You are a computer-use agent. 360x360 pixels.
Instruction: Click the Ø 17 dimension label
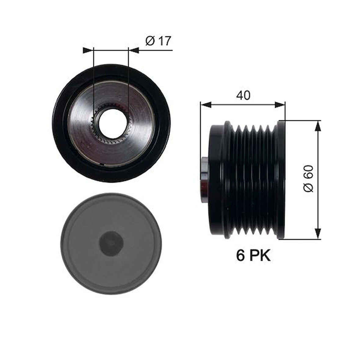[158, 41]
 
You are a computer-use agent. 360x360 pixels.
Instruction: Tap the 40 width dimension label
[243, 95]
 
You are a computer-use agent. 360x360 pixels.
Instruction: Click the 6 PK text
[253, 256]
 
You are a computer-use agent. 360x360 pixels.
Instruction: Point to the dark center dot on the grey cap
[111, 243]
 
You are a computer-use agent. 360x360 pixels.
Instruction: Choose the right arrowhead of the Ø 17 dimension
[134, 50]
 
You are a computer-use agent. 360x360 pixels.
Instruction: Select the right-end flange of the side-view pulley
[281, 180]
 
